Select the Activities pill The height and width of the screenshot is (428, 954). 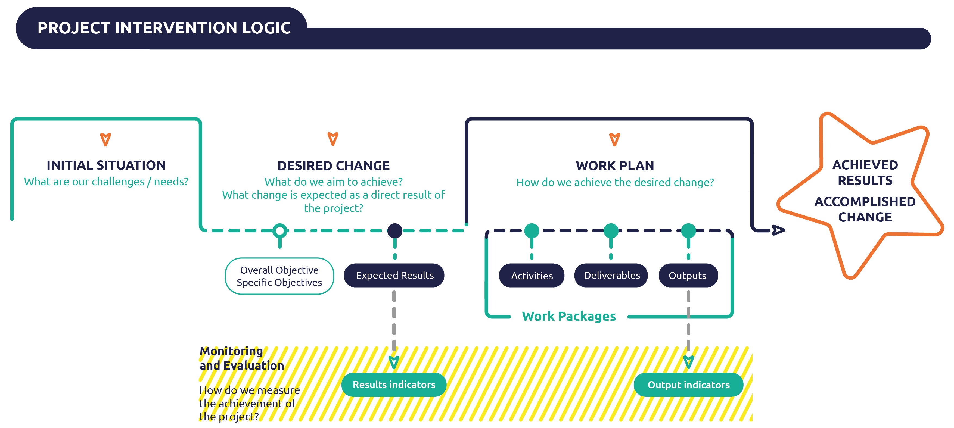point(532,276)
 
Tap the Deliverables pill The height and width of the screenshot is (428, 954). point(611,276)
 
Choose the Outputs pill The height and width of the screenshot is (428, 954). point(688,276)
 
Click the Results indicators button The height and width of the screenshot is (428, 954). point(394,385)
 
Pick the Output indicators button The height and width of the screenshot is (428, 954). point(688,385)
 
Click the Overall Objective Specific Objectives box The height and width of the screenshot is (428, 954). point(279,276)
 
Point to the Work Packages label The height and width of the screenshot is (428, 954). point(568,316)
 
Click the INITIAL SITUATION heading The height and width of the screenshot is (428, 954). point(106,165)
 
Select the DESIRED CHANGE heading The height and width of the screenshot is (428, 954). point(333,165)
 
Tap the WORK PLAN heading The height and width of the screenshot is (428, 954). point(614,165)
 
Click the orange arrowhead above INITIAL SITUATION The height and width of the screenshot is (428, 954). point(105,139)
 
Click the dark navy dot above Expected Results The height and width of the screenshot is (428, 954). point(394,231)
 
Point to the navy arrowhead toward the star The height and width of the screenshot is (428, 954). point(778,230)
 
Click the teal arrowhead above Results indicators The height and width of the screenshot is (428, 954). point(394,362)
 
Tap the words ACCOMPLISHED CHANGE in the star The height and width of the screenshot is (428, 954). point(865,209)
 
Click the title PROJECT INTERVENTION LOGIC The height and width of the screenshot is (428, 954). point(164,28)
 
